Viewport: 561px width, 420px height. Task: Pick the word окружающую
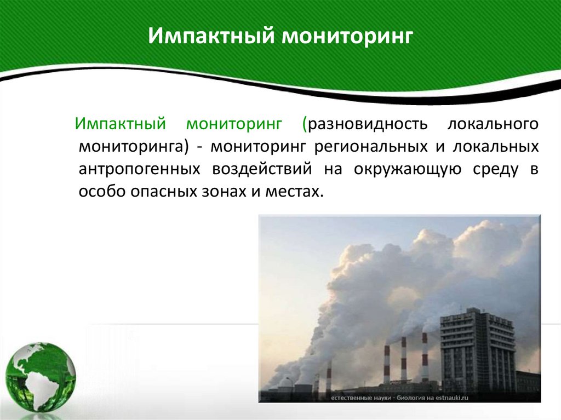click(409, 169)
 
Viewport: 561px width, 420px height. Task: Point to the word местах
click(297, 192)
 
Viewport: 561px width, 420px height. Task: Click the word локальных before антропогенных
click(495, 146)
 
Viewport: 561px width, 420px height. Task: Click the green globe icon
click(41, 378)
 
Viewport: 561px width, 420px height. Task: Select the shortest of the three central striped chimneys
click(387, 364)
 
